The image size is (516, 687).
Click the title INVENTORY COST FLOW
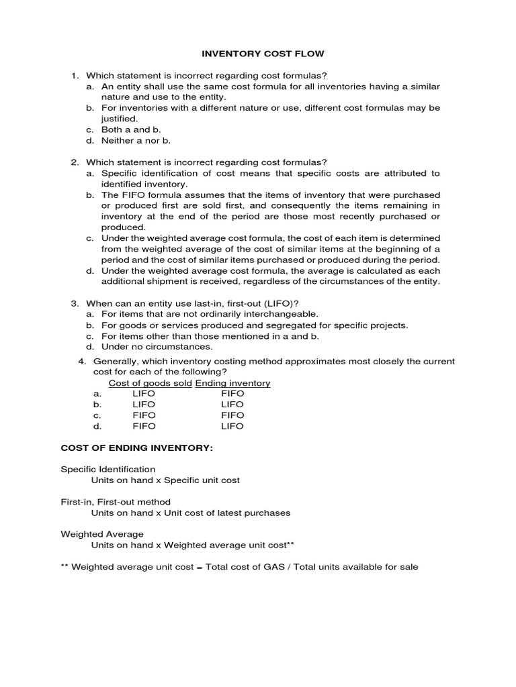coord(258,53)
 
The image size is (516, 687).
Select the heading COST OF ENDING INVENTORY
coord(137,447)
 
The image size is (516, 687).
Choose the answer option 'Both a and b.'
coord(131,129)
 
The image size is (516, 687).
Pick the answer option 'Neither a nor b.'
coord(136,140)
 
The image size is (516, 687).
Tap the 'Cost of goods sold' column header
coord(150,383)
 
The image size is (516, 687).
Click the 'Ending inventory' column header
coord(232,383)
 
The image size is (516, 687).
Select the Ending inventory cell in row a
coord(232,394)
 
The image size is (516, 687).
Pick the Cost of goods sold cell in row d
coord(144,426)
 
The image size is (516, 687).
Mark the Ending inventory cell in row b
coord(232,405)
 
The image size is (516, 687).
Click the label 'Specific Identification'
coord(108,469)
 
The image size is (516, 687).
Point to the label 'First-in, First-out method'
coord(116,502)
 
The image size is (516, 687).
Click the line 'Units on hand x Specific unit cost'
coord(165,480)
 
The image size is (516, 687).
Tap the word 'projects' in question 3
coord(388,325)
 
